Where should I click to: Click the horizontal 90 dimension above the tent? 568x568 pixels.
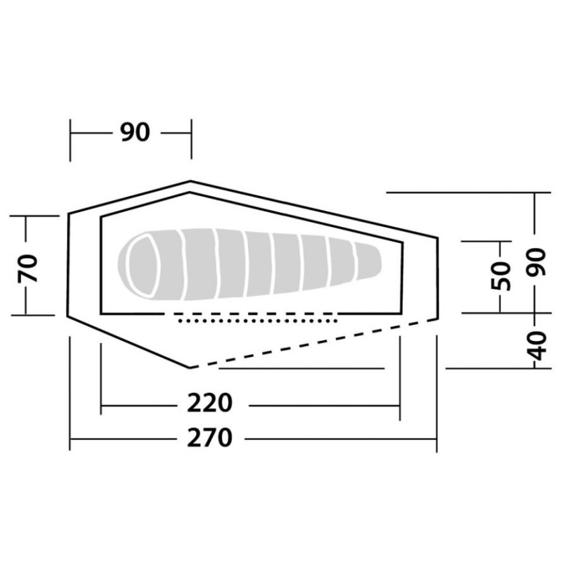tap(135, 133)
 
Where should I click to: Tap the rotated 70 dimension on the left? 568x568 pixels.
tap(28, 268)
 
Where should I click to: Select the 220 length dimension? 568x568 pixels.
tap(210, 403)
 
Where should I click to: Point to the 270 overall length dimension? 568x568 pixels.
tap(210, 438)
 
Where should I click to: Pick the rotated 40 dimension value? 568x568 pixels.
tap(536, 346)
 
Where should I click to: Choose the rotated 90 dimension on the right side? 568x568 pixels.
tap(536, 263)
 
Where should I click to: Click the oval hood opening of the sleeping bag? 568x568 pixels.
tap(144, 265)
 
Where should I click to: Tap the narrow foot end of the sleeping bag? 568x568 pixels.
tap(369, 261)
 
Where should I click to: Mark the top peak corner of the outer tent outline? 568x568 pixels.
tap(190, 181)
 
